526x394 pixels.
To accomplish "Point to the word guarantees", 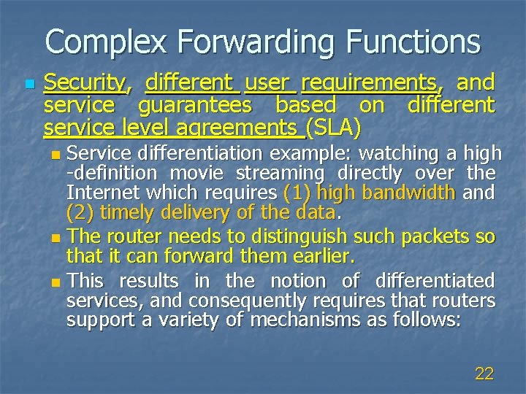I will pos(193,105).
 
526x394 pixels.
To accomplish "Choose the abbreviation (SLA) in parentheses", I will pos(334,129).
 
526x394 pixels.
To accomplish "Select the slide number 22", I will pos(484,374).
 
